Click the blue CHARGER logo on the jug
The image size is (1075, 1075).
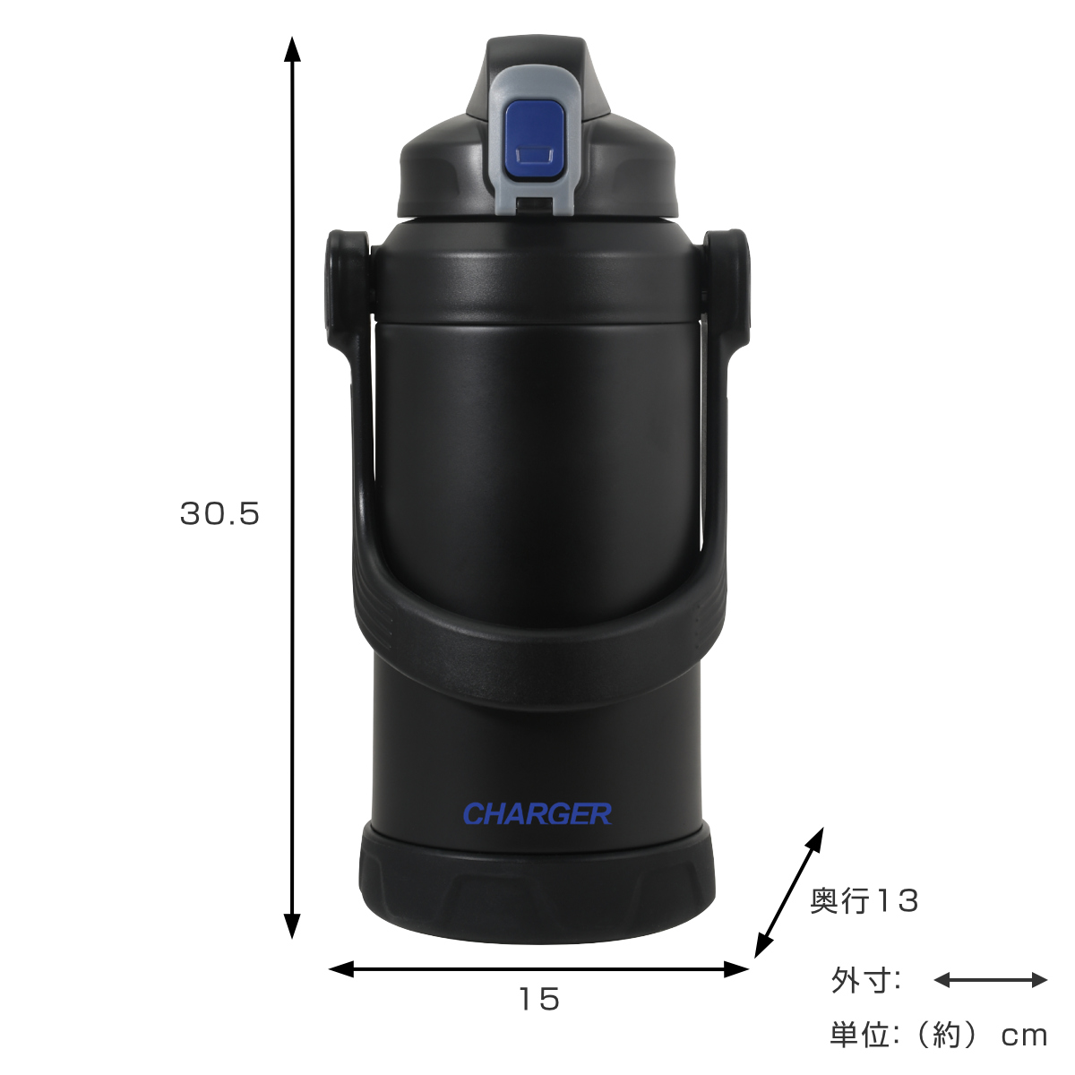[x=537, y=814]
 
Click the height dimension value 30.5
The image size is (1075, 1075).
[x=219, y=514]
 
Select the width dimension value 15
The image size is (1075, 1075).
[x=539, y=999]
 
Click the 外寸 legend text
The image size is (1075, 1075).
[x=865, y=980]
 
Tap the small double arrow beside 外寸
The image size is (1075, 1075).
[x=991, y=980]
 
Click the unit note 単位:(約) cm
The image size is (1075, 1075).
[x=938, y=1036]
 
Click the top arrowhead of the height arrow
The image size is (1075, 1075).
[x=292, y=49]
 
